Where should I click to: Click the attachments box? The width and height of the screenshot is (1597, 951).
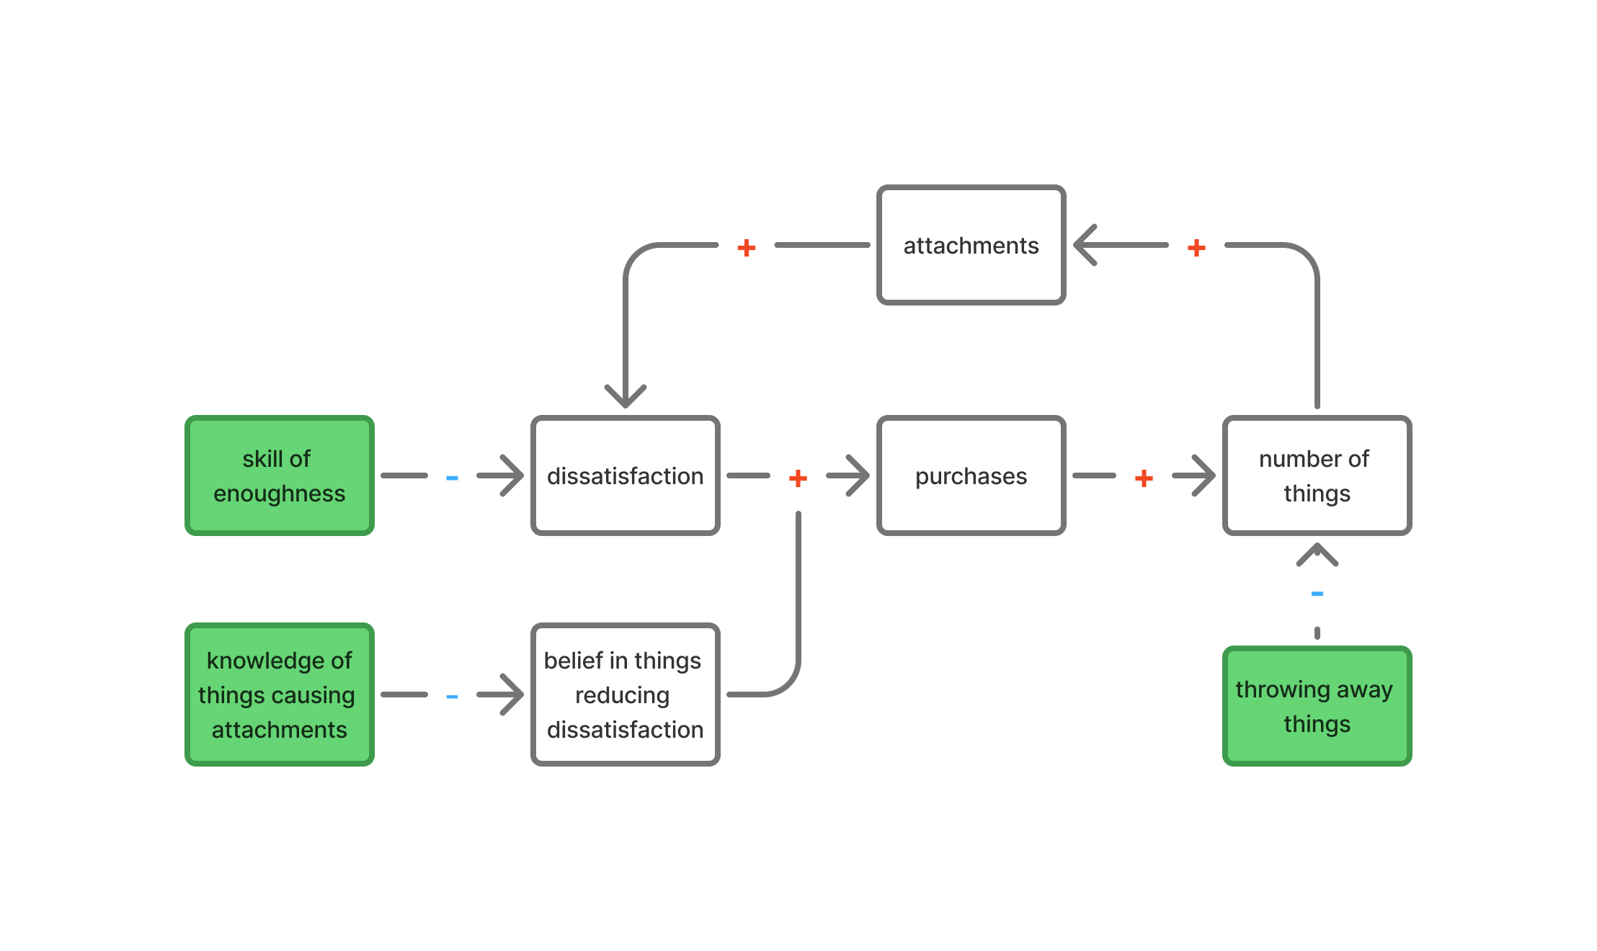tap(971, 245)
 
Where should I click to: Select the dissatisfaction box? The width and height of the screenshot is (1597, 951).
tap(625, 475)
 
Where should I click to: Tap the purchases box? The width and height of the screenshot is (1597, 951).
tap(971, 475)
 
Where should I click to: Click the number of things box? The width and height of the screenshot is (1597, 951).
tap(1317, 475)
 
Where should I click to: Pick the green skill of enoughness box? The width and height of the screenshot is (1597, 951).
tap(279, 475)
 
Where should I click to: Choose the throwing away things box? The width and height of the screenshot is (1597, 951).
tap(1317, 706)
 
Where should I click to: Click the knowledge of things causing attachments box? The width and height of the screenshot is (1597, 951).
tap(279, 695)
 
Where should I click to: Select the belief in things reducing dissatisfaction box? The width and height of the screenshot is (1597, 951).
tap(625, 695)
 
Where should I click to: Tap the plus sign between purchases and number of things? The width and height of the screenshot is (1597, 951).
tap(1144, 478)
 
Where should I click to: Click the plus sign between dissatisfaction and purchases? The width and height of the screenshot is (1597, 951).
tap(798, 478)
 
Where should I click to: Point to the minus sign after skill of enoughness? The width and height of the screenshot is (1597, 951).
tap(452, 478)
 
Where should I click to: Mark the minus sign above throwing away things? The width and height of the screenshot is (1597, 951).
tap(1317, 594)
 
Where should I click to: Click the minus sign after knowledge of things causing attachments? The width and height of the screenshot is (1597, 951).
tap(452, 697)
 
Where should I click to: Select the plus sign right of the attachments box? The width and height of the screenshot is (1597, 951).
tap(1196, 248)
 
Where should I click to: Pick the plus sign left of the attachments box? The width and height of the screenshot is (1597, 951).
tap(747, 248)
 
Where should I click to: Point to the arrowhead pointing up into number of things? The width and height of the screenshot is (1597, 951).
tap(1317, 553)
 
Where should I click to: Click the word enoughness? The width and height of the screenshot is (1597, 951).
tap(279, 494)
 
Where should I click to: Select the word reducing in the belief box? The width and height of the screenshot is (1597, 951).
tap(622, 695)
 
